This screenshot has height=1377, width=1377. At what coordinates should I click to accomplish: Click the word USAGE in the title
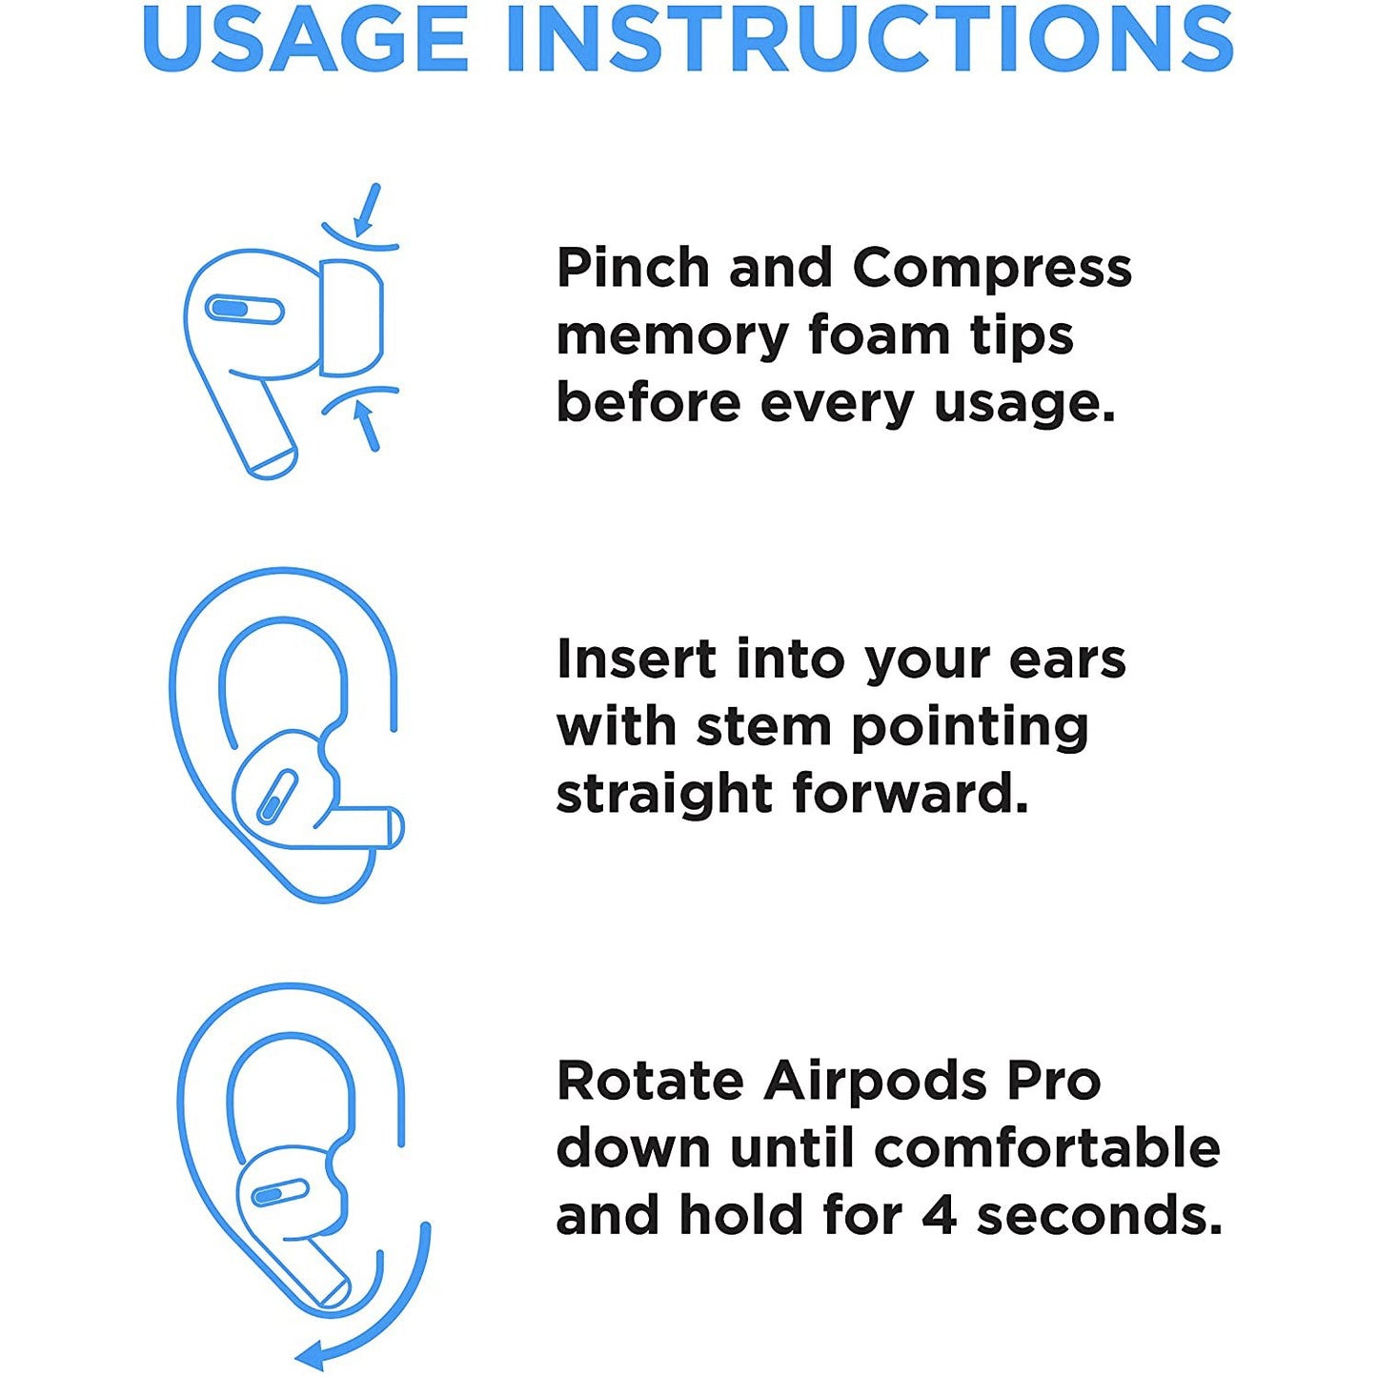[306, 38]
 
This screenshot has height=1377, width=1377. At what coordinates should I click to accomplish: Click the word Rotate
[650, 1081]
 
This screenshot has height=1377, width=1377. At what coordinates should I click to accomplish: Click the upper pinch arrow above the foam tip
[367, 209]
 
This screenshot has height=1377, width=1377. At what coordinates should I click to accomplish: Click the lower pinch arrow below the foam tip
[367, 425]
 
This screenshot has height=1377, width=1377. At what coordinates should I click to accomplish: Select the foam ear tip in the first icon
[351, 316]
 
